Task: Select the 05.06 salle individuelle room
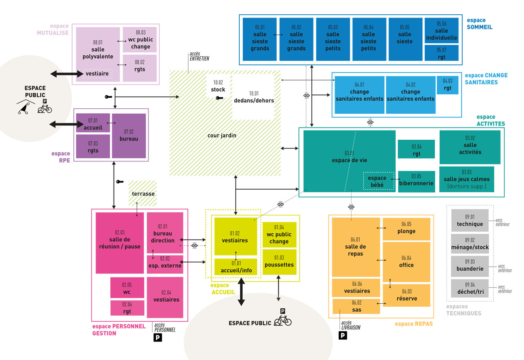[x=441, y=30]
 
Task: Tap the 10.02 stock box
[x=218, y=86]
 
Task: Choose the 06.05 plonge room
[x=406, y=229]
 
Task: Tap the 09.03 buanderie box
[x=470, y=266]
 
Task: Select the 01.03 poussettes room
[x=279, y=261]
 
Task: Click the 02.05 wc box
[x=127, y=288]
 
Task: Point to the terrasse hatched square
[x=143, y=193]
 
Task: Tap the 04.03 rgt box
[x=448, y=85]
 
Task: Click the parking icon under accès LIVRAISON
[x=342, y=336]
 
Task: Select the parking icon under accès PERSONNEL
[x=158, y=337]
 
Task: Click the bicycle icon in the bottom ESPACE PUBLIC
[x=283, y=321]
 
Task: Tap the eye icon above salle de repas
[x=351, y=207]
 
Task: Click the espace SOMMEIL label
[x=479, y=23]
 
